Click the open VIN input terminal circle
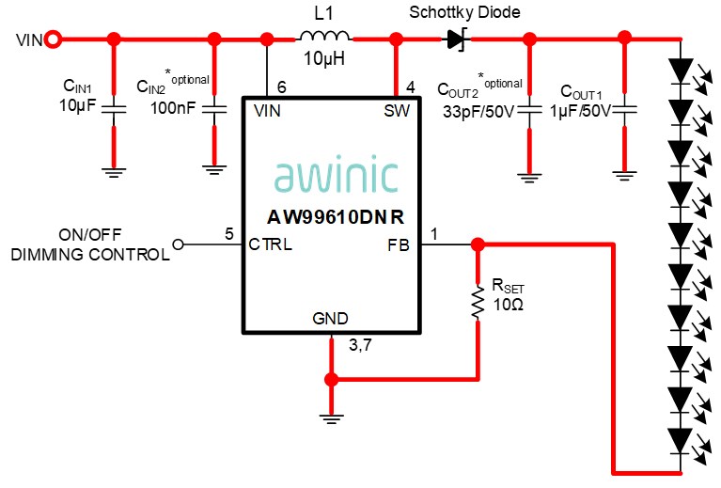[x=54, y=39]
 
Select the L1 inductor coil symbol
[x=324, y=38]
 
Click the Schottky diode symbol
[x=457, y=39]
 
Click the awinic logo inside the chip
[x=336, y=176]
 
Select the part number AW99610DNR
[x=336, y=216]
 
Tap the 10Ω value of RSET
[x=509, y=305]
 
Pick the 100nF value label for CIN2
[x=173, y=108]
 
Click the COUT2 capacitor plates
[x=529, y=110]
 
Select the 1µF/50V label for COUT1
[x=580, y=110]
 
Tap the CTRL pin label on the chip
[x=271, y=244]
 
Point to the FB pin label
[x=399, y=244]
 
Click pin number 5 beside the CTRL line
[x=228, y=233]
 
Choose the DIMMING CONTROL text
[x=90, y=254]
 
